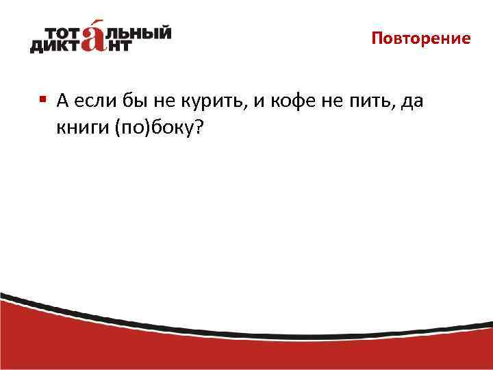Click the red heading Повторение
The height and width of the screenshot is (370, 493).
(x=421, y=38)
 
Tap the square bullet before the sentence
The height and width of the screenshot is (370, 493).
(x=42, y=99)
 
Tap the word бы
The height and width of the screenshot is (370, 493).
(x=129, y=103)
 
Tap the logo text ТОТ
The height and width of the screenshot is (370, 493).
(x=65, y=33)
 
